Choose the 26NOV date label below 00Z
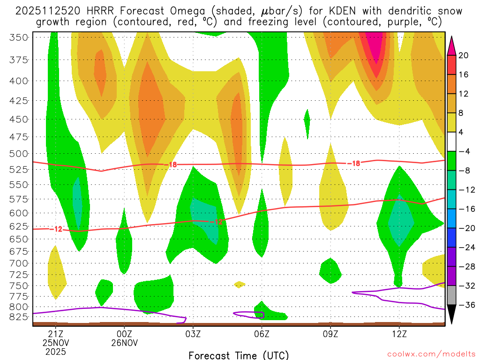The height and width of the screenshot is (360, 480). pos(124,343)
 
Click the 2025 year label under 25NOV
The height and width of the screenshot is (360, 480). pos(56,352)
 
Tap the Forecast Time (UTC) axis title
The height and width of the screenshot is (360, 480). pos(239,355)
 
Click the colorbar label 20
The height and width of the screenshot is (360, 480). pos(464,55)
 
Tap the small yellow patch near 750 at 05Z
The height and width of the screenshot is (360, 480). pos(239,284)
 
